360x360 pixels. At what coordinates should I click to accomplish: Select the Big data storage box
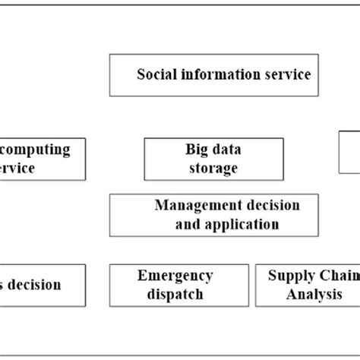click(214, 159)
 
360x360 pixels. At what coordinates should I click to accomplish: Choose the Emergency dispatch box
click(179, 285)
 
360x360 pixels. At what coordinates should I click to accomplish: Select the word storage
click(215, 168)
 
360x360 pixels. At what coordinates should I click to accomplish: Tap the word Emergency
click(175, 276)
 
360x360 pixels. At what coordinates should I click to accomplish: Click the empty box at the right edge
click(349, 159)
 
